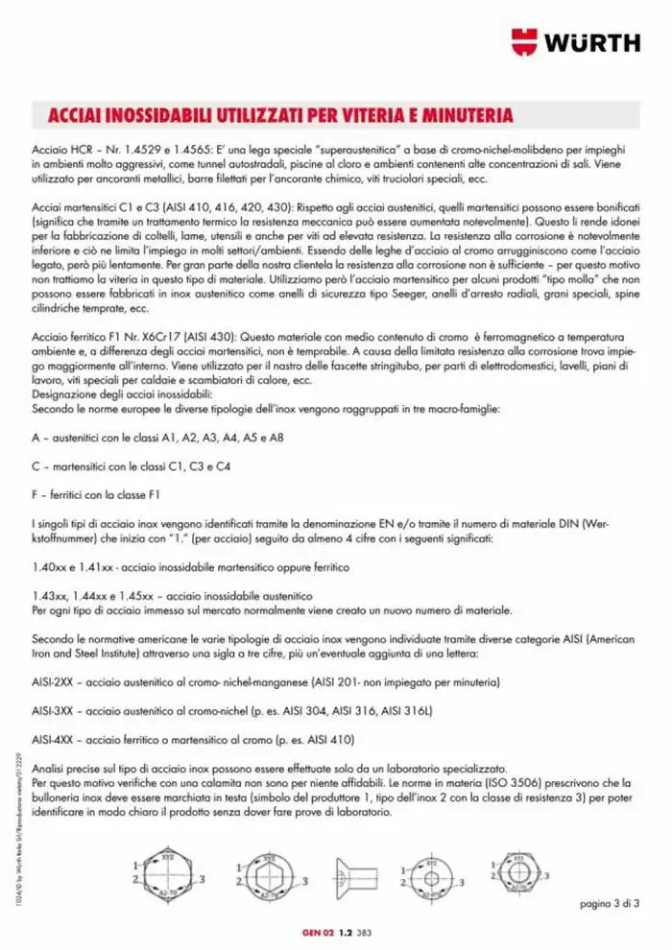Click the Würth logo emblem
coord(525,41)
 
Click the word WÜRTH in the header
coord(592,41)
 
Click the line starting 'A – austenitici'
coord(157,438)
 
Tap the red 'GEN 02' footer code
coord(317,932)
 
